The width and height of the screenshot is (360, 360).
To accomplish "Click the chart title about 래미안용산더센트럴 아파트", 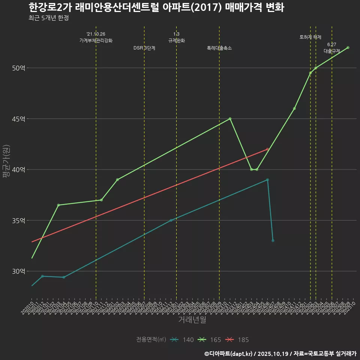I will [x=156, y=7].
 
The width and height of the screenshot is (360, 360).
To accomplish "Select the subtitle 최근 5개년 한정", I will [x=48, y=18].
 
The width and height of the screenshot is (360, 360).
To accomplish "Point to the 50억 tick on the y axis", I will [x=19, y=68].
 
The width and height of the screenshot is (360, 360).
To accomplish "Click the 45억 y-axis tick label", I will [x=19, y=119].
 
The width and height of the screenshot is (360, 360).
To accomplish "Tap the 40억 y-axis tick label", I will [x=19, y=169].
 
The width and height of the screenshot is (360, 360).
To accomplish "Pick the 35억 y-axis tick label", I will [x=19, y=220].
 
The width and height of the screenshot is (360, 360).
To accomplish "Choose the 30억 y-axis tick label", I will [x=19, y=271].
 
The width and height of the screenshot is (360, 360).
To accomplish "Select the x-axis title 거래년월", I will [x=192, y=320].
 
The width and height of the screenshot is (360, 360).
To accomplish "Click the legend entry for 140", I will [x=182, y=340].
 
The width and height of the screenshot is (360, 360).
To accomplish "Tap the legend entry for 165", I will [x=210, y=340].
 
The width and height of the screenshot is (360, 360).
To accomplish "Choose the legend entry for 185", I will [x=237, y=340].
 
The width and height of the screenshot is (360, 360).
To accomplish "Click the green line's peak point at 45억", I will [x=230, y=118].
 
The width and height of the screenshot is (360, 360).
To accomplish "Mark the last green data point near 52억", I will [x=348, y=48].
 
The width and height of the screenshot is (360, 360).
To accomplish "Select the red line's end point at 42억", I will [x=267, y=149].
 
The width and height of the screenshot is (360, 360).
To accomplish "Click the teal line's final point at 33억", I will [x=273, y=240].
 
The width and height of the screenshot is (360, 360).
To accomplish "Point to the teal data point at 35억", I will [x=171, y=220].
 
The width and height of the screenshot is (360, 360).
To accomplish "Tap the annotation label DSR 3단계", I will [x=144, y=48].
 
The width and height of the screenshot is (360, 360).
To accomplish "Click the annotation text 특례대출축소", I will [x=219, y=48].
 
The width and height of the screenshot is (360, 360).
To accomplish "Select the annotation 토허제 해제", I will [x=310, y=37].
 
